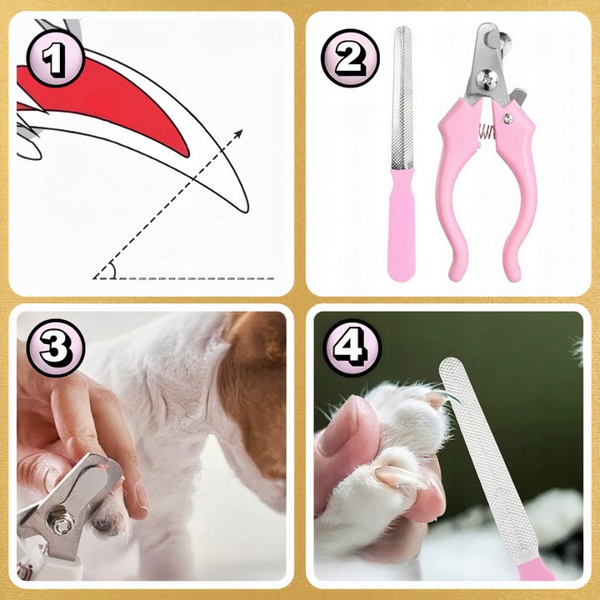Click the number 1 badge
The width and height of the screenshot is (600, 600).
click(56, 58)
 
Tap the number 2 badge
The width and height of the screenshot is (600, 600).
click(350, 58)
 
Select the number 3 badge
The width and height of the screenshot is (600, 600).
click(56, 347)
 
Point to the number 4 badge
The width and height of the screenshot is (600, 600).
click(352, 347)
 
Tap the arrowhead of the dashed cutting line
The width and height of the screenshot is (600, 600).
click(238, 133)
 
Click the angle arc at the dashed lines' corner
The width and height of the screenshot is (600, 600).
click(112, 270)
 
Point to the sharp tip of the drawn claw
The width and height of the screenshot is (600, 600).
click(247, 211)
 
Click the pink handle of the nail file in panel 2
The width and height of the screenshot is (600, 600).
click(402, 225)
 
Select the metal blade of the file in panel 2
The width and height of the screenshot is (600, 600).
click(402, 98)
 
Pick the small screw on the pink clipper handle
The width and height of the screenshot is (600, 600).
click(507, 118)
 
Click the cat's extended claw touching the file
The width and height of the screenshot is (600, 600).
click(452, 397)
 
